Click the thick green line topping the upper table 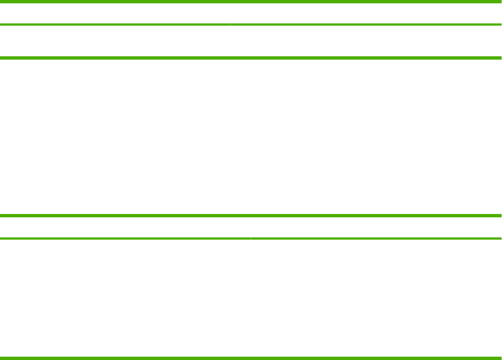(251, 2)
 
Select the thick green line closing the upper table (251, 57)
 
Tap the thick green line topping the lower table (251, 216)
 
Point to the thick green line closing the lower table (251, 358)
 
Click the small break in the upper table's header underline (229, 25)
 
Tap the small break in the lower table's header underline (250, 239)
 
